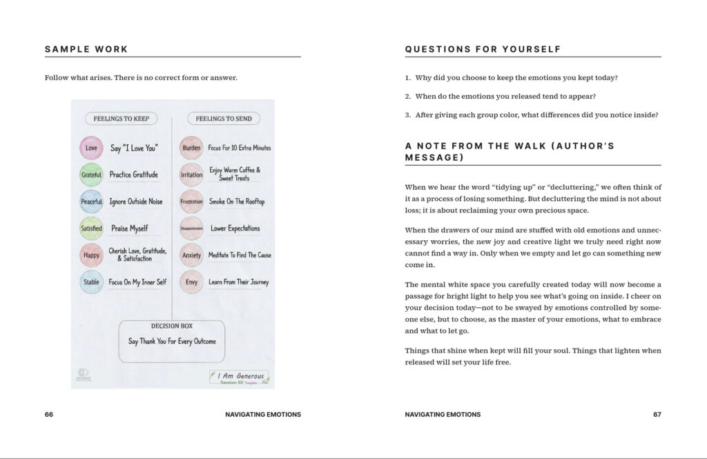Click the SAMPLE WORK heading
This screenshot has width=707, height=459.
click(86, 50)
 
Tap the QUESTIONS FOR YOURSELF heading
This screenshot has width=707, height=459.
click(483, 50)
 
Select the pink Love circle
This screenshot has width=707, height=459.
click(91, 148)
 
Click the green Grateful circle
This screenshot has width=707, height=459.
click(91, 175)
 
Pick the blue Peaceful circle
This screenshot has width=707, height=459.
click(91, 202)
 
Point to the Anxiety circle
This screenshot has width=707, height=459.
click(191, 255)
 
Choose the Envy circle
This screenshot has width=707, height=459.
click(191, 282)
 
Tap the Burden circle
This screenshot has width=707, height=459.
click(191, 148)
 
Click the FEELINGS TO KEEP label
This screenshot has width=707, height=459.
click(122, 119)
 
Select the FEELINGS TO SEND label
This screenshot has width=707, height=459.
click(224, 119)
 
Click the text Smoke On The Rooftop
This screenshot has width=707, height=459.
click(237, 202)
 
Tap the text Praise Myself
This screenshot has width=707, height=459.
click(130, 228)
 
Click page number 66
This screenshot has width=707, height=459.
click(49, 415)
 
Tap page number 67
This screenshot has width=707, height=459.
click(657, 415)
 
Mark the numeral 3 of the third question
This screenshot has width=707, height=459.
click(407, 115)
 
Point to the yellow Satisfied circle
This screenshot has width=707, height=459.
click(91, 228)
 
